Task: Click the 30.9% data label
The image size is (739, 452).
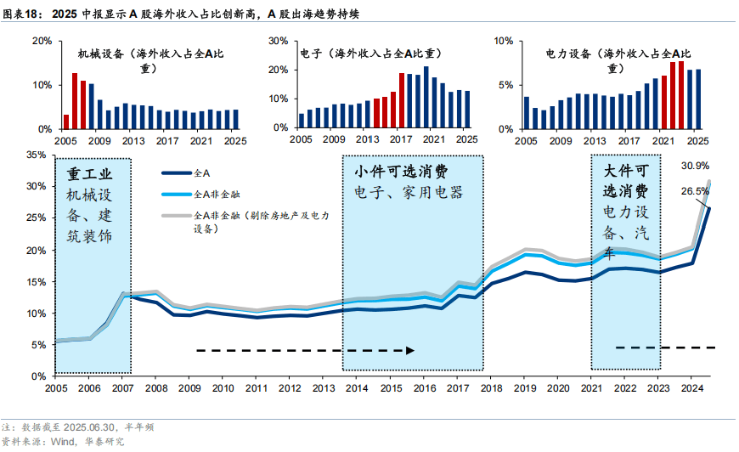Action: [x=696, y=166]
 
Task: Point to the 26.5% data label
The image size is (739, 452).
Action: [x=695, y=192]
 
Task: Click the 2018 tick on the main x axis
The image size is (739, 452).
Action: [x=492, y=387]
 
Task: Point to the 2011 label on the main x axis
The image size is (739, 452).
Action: [x=257, y=387]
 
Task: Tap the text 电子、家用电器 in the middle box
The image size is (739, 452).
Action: [x=409, y=193]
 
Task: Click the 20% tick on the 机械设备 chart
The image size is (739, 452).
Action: [x=43, y=41]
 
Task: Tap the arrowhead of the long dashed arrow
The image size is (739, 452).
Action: [x=411, y=349]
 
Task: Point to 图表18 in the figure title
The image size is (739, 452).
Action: [x=23, y=13]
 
